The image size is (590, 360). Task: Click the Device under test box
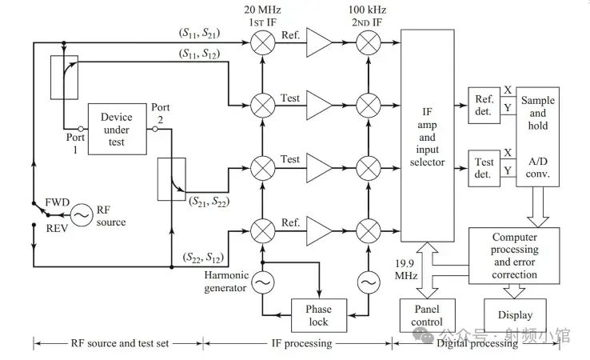tap(116, 128)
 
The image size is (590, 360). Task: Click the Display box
tap(514, 315)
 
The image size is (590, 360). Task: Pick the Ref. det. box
tap(484, 105)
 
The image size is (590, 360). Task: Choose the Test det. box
tap(484, 168)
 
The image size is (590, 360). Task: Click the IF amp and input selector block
tap(431, 135)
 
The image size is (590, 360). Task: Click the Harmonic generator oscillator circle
tap(261, 282)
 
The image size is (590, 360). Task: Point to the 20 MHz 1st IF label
tap(261, 14)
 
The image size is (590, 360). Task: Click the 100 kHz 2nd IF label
tap(368, 14)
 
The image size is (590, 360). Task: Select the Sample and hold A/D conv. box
tap(537, 136)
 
